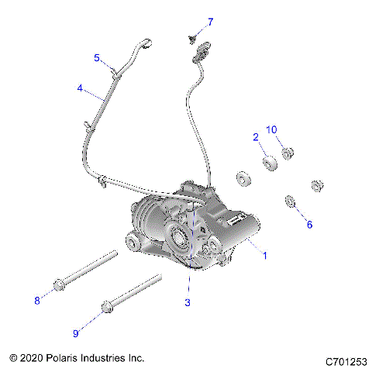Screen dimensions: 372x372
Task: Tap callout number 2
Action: (255, 136)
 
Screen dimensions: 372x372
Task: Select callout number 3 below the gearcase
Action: (188, 302)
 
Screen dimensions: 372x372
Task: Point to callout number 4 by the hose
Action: (80, 88)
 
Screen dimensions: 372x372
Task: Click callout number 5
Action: (97, 57)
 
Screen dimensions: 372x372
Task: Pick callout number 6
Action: (309, 225)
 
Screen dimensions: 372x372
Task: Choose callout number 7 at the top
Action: (210, 21)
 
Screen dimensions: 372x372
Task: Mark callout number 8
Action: (36, 300)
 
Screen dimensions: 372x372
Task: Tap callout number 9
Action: (76, 333)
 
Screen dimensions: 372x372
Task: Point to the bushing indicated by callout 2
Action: (270, 164)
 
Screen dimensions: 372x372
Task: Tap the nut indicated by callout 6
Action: (291, 201)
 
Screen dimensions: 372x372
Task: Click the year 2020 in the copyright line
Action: (34, 359)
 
